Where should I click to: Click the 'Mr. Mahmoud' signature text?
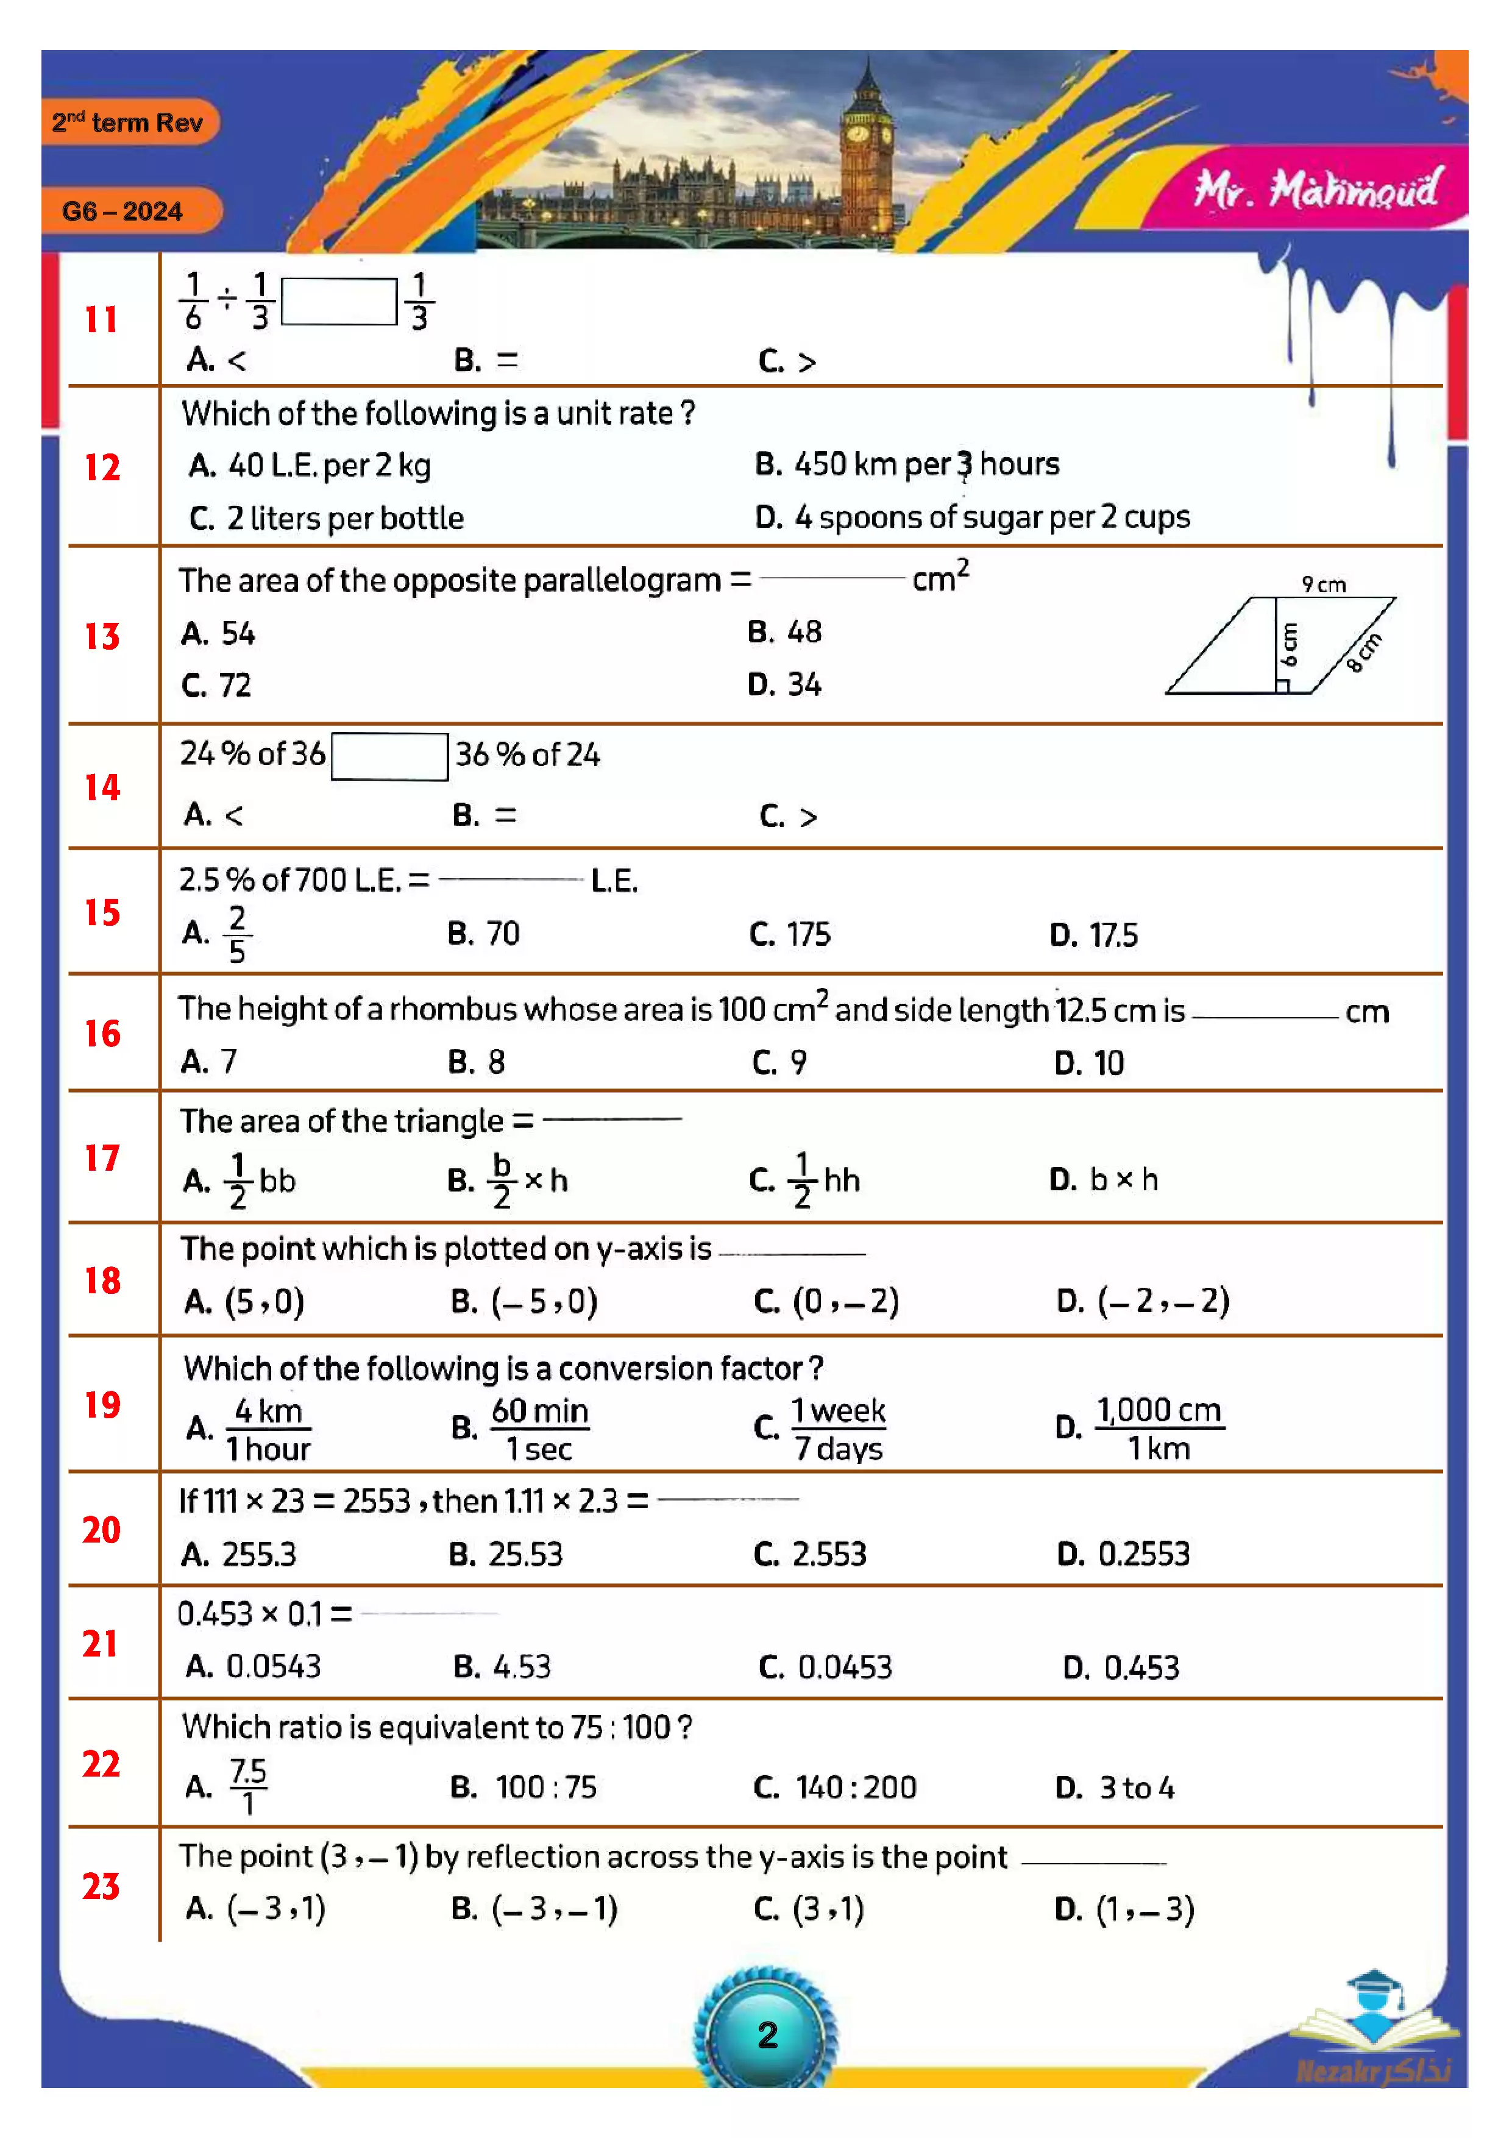coord(1316,191)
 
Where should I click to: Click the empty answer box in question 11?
coord(339,302)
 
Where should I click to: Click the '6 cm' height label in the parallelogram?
coord(1290,644)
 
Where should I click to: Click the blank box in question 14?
coord(389,756)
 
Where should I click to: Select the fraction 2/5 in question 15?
coord(238,934)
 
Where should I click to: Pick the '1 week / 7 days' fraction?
coord(838,1429)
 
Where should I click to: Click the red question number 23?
coord(102,1886)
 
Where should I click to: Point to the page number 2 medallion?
coord(766,2034)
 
